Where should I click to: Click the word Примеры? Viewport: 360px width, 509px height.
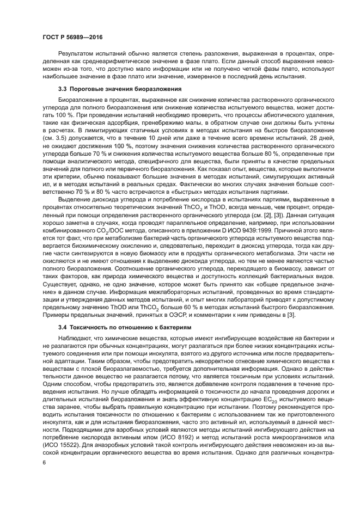click(56, 315)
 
